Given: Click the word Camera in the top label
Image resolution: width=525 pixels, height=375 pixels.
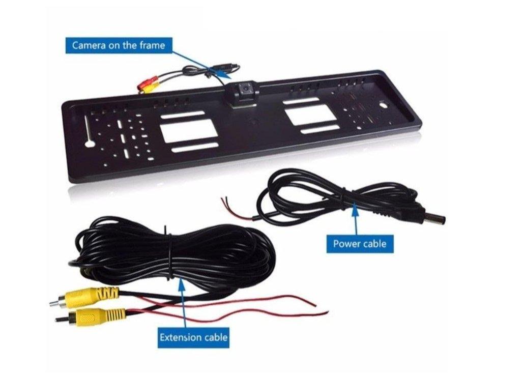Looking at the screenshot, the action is (89, 45).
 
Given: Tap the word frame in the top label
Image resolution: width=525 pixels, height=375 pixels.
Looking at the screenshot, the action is (152, 45).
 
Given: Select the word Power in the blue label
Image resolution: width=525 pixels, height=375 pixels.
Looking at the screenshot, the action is (346, 243).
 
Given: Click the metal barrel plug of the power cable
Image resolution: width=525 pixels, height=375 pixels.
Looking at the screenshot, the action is (435, 220).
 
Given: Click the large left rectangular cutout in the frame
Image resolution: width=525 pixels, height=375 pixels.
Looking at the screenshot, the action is (189, 131).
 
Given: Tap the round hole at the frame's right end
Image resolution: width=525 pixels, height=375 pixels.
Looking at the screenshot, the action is (383, 105).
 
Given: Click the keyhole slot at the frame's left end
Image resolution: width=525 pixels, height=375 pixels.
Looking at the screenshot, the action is (89, 132).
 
